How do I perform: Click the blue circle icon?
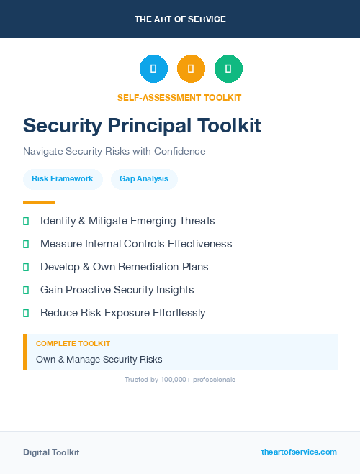click(x=153, y=68)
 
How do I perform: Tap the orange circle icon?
click(x=191, y=68)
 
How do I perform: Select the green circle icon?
click(x=228, y=68)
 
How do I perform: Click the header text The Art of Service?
click(x=180, y=19)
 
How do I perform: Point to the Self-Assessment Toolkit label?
click(x=179, y=98)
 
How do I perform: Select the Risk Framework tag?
click(x=63, y=178)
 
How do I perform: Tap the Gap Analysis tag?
click(x=144, y=178)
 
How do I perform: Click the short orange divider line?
click(x=39, y=202)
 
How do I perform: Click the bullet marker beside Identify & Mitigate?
click(x=26, y=221)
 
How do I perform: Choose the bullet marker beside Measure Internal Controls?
click(x=26, y=244)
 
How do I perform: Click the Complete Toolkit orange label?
click(x=73, y=344)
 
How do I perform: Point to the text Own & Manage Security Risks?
click(x=99, y=359)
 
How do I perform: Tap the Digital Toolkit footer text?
click(x=51, y=452)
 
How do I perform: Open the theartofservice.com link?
click(x=299, y=452)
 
